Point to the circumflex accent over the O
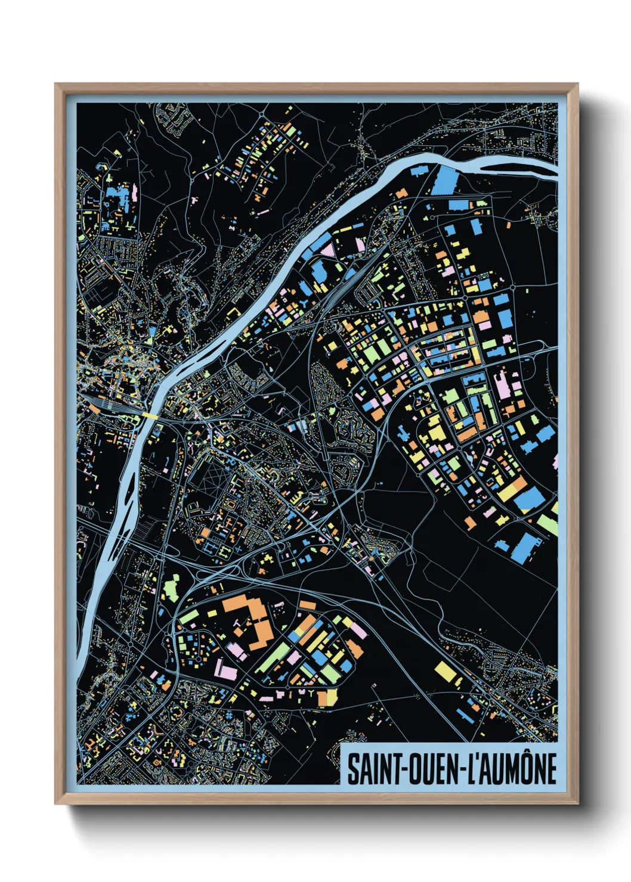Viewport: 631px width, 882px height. click(525, 754)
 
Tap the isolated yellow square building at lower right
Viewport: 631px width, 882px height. click(446, 671)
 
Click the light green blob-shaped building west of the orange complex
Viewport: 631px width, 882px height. click(172, 588)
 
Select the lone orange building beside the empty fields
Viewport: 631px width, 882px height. click(471, 523)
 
